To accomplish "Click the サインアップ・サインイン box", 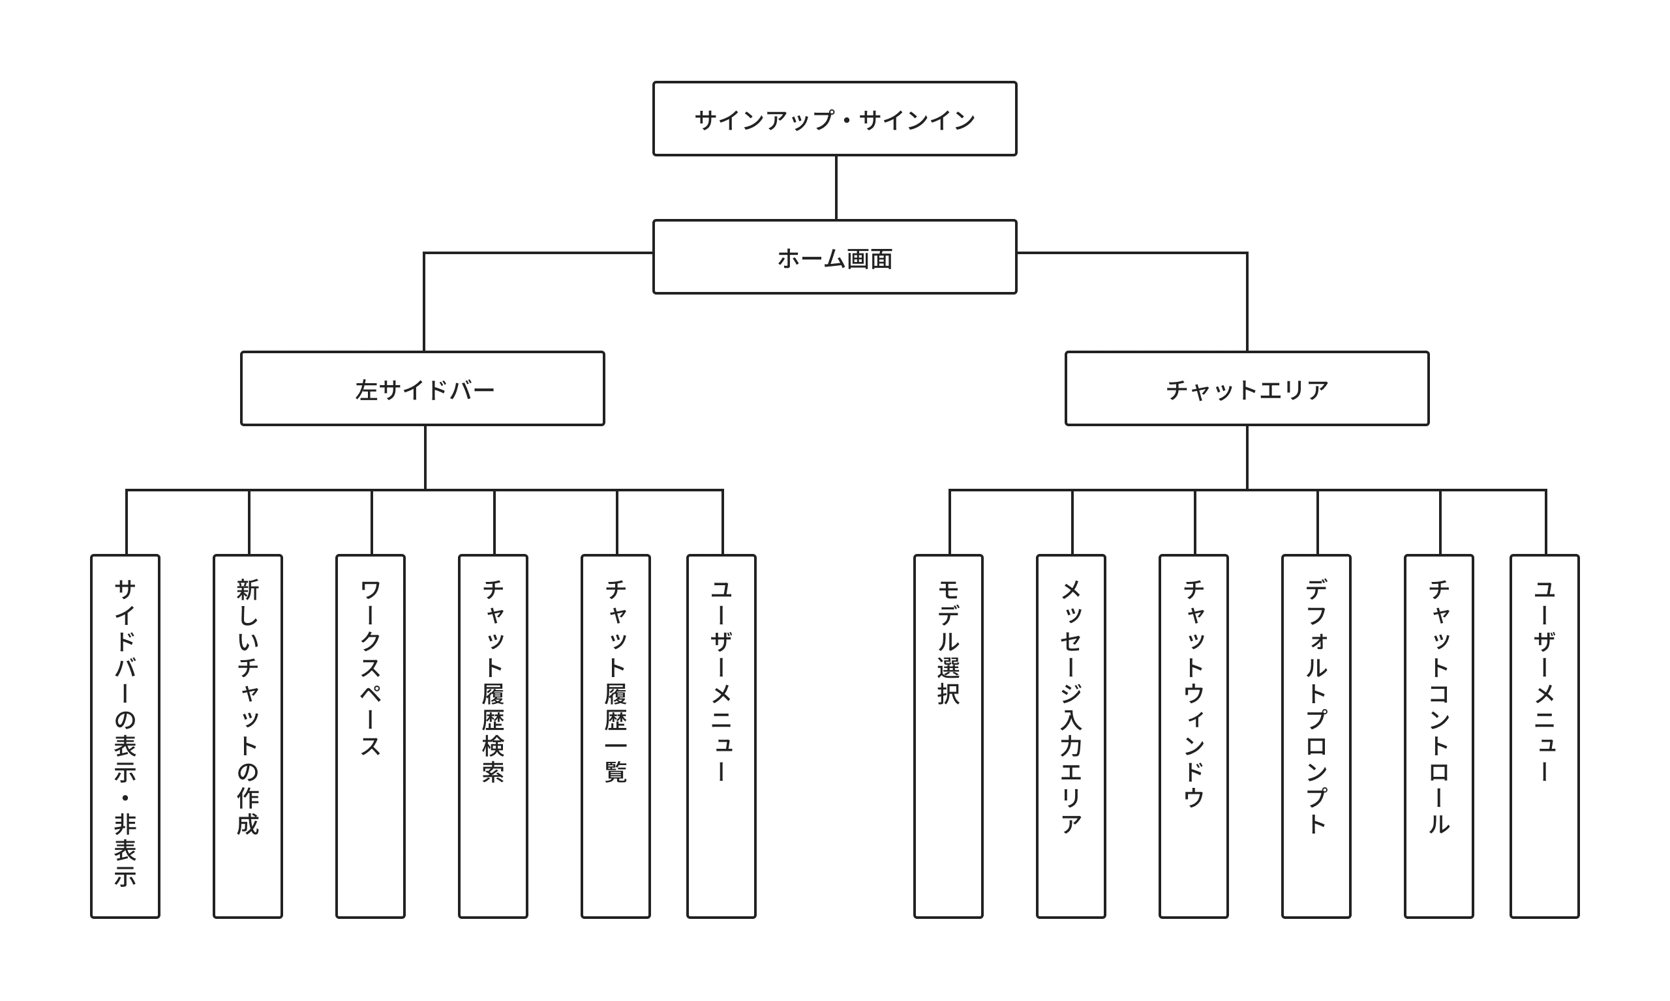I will [x=834, y=119].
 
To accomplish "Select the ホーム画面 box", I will [x=834, y=257].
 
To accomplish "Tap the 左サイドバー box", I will [x=423, y=388].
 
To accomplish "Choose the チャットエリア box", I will [x=1247, y=388].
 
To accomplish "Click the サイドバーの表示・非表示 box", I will [x=125, y=736].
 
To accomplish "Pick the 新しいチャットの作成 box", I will [x=248, y=736].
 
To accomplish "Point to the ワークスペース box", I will [x=371, y=736].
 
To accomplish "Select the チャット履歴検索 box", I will [x=493, y=736].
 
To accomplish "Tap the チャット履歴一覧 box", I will [x=616, y=736].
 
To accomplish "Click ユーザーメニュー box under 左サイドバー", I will [x=721, y=736].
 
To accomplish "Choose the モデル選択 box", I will [x=948, y=736].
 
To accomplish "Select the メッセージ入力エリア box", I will [x=1070, y=736].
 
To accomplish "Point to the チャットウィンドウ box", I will [x=1193, y=736].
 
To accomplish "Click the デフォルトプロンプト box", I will [x=1316, y=736].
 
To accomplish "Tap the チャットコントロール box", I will [x=1438, y=736].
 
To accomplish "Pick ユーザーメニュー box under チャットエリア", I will [x=1545, y=736].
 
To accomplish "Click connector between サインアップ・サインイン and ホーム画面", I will [x=836, y=188].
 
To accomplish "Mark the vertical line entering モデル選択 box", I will [x=949, y=523].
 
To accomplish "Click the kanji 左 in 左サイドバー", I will [x=366, y=390].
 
